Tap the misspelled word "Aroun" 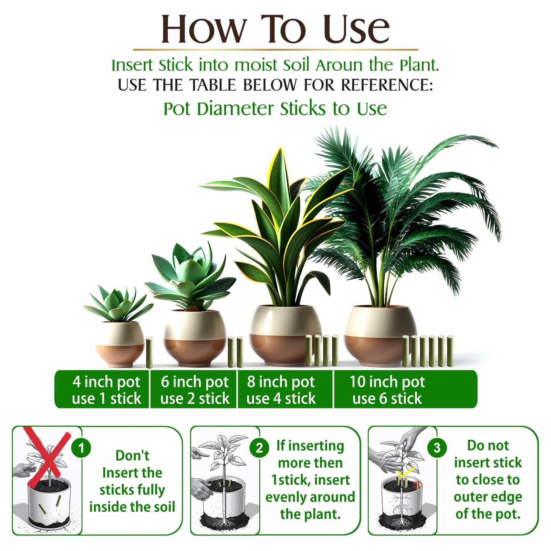point(339,65)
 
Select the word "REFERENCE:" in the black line point(387,85)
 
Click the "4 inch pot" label point(106,382)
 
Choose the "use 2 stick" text point(195,398)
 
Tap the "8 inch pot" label point(281,382)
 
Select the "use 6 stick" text point(387,398)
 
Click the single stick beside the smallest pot point(149,353)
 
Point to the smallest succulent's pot point(119,344)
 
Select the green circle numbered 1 point(81,448)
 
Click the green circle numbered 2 point(259,448)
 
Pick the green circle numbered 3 point(437,448)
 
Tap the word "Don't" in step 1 point(132,456)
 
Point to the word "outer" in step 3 point(471,497)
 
